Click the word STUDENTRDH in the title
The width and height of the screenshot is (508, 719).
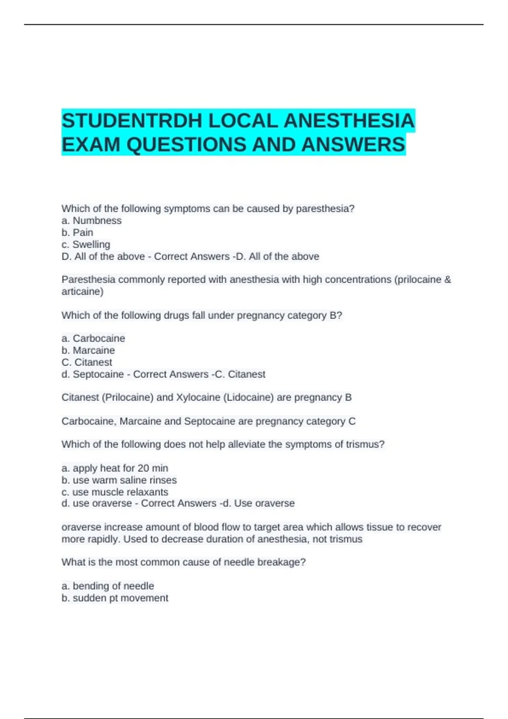pyautogui.click(x=132, y=121)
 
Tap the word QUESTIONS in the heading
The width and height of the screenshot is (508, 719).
pyautogui.click(x=186, y=145)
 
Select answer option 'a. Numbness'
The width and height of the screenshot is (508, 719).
pyautogui.click(x=91, y=220)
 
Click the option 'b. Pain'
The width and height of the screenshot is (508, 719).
pyautogui.click(x=77, y=232)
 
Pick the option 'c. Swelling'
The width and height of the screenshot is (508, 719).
pyautogui.click(x=86, y=244)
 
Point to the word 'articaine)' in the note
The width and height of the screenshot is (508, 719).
pyautogui.click(x=83, y=291)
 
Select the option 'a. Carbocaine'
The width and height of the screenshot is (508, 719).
pyautogui.click(x=94, y=338)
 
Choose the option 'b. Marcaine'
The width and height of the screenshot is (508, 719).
pyautogui.click(x=88, y=350)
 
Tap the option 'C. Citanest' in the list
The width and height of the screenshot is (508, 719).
pyautogui.click(x=87, y=362)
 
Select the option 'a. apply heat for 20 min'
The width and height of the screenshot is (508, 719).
pyautogui.click(x=115, y=468)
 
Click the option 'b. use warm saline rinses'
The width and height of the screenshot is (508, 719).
pyautogui.click(x=119, y=480)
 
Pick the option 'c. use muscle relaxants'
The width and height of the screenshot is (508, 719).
pyautogui.click(x=115, y=492)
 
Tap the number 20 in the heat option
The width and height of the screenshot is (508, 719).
pyautogui.click(x=144, y=468)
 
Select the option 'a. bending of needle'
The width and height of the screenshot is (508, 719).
pyautogui.click(x=108, y=586)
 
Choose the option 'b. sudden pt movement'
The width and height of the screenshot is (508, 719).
pyautogui.click(x=115, y=598)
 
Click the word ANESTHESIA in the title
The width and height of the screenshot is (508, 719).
pyautogui.click(x=349, y=121)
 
